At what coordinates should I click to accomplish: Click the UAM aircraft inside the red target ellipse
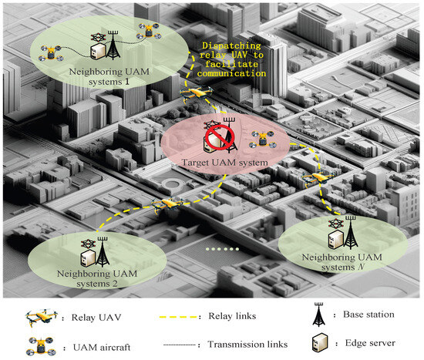(x=262, y=140)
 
